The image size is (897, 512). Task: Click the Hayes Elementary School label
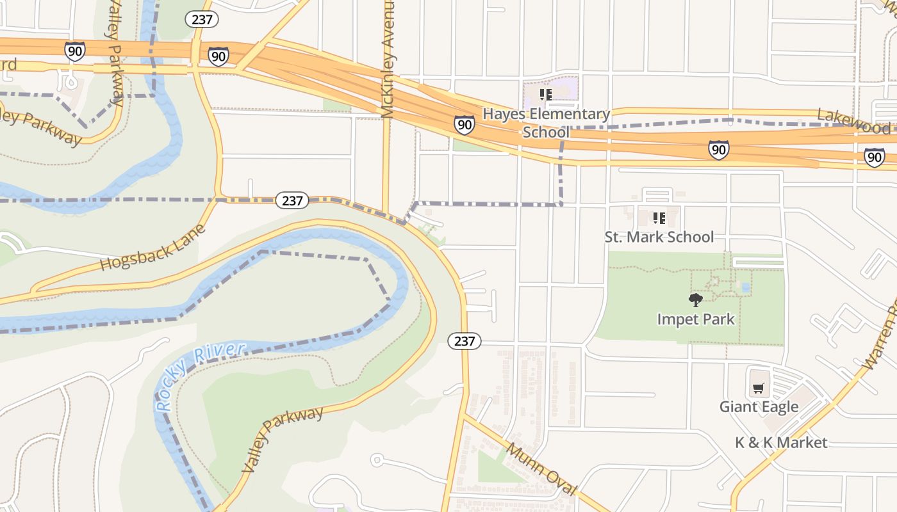546,123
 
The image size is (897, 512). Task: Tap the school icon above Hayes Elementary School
545,95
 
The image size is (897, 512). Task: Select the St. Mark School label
659,237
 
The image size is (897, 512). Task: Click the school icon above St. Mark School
659,218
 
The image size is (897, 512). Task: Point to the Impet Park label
696,319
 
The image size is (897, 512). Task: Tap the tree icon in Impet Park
695,300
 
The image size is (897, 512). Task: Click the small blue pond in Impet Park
745,287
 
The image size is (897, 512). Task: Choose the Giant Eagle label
759,406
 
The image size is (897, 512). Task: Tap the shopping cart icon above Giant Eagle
759,388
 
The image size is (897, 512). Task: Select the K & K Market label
781,442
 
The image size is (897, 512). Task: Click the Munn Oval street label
541,468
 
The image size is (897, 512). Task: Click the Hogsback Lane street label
154,247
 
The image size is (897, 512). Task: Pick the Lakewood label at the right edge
853,122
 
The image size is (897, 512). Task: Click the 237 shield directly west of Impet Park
464,341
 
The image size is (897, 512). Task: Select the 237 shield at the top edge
202,19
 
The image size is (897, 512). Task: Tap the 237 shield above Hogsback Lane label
292,200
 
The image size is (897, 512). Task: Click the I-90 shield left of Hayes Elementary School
465,124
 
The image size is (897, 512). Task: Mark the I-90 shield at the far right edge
874,157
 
